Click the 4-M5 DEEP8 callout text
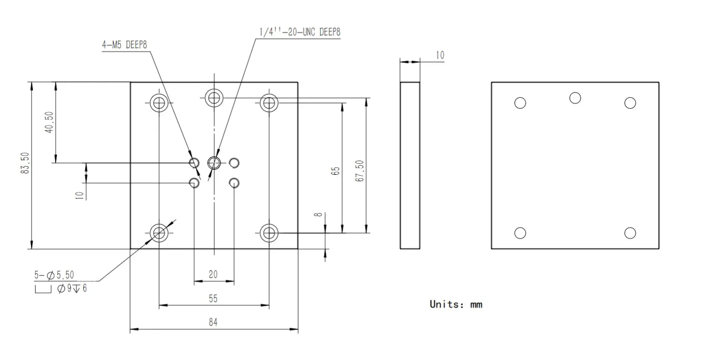pyautogui.click(x=124, y=45)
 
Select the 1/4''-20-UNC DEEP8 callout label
pyautogui.click(x=299, y=32)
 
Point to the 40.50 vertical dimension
pyautogui.click(x=49, y=122)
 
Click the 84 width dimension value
pyautogui.click(x=213, y=322)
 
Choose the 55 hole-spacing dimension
pyautogui.click(x=213, y=299)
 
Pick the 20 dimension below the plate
pyautogui.click(x=213, y=274)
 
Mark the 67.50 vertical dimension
pyautogui.click(x=360, y=171)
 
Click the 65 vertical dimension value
pyautogui.click(x=336, y=171)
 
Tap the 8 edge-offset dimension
pyautogui.click(x=319, y=213)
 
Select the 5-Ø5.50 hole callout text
pyautogui.click(x=54, y=275)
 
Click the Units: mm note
pyautogui.click(x=456, y=304)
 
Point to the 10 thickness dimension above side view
pyautogui.click(x=440, y=55)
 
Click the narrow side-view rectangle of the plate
pyautogui.click(x=410, y=165)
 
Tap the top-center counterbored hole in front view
pyautogui.click(x=213, y=97)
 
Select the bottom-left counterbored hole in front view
pyautogui.click(x=159, y=233)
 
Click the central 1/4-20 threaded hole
pyautogui.click(x=214, y=162)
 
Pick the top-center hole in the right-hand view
pyautogui.click(x=575, y=98)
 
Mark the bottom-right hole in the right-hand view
pyautogui.click(x=630, y=233)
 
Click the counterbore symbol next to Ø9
pyautogui.click(x=43, y=289)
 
